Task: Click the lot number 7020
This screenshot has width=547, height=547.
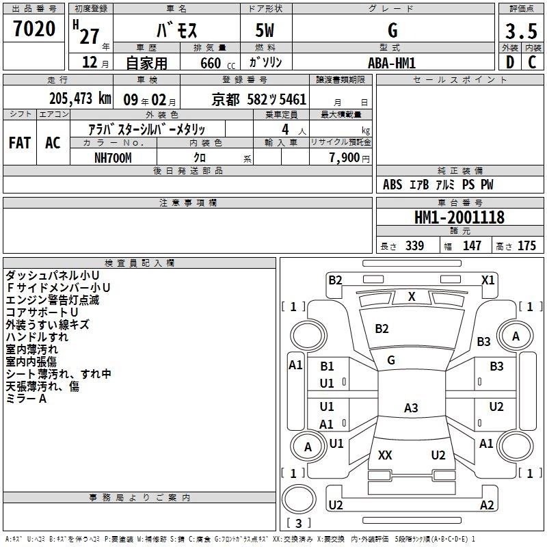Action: pyautogui.click(x=34, y=29)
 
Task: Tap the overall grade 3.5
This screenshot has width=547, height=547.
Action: pyautogui.click(x=521, y=31)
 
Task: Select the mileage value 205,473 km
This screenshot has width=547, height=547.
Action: pyautogui.click(x=80, y=98)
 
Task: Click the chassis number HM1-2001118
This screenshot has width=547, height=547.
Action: pyautogui.click(x=459, y=217)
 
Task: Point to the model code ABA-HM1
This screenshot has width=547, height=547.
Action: pyautogui.click(x=392, y=63)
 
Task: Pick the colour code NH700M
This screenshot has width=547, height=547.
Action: pyautogui.click(x=113, y=158)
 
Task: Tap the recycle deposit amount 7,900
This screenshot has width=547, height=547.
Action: pyautogui.click(x=345, y=158)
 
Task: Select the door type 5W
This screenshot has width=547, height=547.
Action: pyautogui.click(x=265, y=30)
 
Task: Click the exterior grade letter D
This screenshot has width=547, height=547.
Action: pyautogui.click(x=510, y=62)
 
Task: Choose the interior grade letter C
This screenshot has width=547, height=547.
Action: pyautogui.click(x=532, y=62)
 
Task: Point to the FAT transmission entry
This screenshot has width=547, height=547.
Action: pyautogui.click(x=20, y=143)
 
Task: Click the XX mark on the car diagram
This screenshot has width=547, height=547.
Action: pyautogui.click(x=385, y=455)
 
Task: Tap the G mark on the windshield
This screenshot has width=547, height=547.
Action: pyautogui.click(x=391, y=360)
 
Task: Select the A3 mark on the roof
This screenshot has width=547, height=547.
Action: pyautogui.click(x=411, y=408)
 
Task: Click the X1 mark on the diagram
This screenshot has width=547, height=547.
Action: pyautogui.click(x=488, y=280)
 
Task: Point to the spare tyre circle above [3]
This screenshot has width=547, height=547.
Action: pyautogui.click(x=299, y=499)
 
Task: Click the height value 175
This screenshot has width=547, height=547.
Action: pyautogui.click(x=526, y=245)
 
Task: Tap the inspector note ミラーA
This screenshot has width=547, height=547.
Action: pyautogui.click(x=26, y=399)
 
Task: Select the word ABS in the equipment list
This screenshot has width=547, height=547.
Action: pyautogui.click(x=392, y=185)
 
